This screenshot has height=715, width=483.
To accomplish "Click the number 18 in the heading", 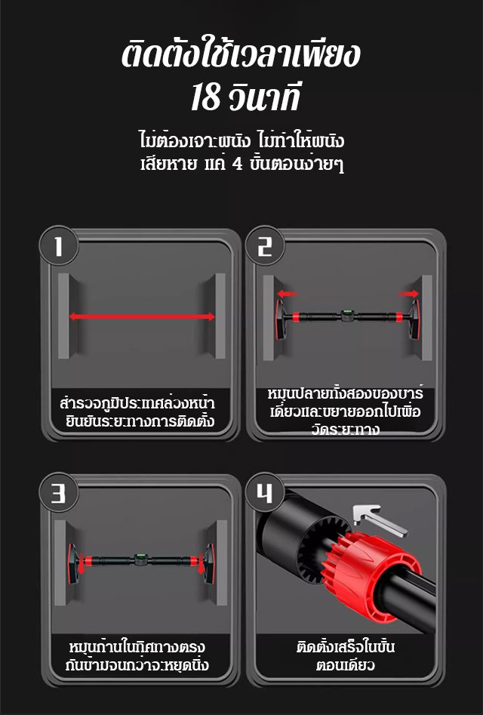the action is tap(205, 97).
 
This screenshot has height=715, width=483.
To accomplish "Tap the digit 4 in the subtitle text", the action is tap(238, 163).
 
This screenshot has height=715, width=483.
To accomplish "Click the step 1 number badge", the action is tap(59, 246).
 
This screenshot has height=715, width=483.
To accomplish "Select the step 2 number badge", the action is tap(265, 246).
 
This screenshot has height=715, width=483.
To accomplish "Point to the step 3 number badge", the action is tap(59, 493).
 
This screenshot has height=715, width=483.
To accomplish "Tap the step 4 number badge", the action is tap(265, 493).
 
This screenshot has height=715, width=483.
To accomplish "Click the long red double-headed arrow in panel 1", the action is tap(142, 316).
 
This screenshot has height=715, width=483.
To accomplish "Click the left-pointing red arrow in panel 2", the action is tap(287, 294).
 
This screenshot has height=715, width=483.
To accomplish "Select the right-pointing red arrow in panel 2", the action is tap(408, 294).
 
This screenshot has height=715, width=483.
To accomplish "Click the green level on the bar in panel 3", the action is tap(141, 559).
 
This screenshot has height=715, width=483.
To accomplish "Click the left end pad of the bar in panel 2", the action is tap(280, 319).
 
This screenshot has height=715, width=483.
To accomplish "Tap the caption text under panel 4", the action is tap(346, 655).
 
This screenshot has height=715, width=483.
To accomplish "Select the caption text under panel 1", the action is tap(137, 411).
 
